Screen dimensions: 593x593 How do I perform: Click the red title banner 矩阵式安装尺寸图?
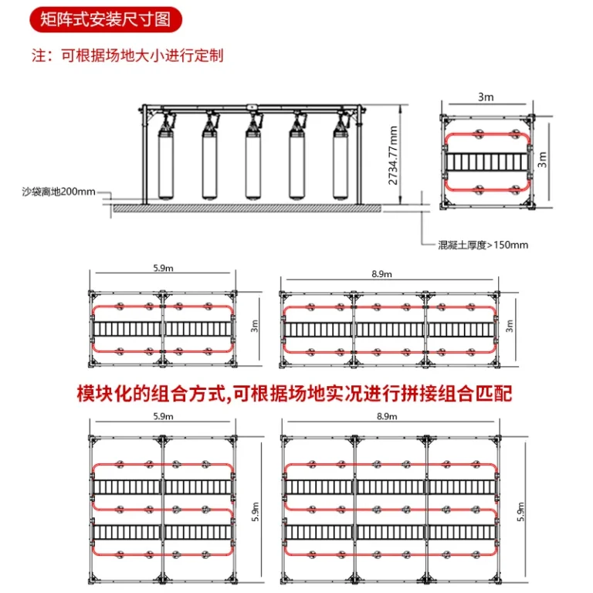(x=106, y=19)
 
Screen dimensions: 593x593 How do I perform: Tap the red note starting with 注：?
(x=127, y=56)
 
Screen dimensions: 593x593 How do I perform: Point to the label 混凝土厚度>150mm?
(x=483, y=245)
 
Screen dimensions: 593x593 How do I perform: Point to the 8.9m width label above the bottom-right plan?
(x=386, y=417)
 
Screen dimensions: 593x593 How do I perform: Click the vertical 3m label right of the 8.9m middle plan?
(x=510, y=327)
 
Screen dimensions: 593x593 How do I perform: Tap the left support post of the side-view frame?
(x=145, y=154)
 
